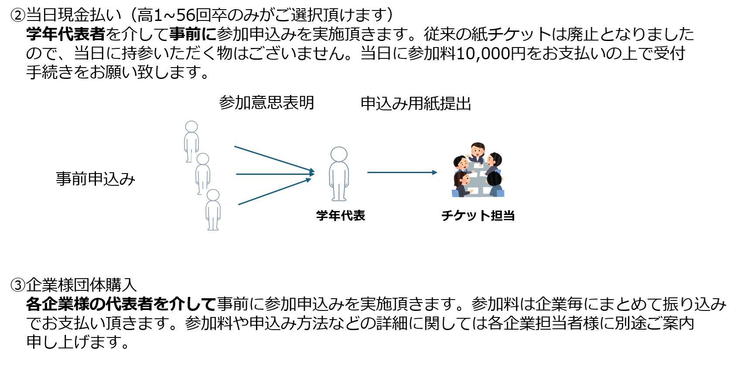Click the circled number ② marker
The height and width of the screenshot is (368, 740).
pos(17,15)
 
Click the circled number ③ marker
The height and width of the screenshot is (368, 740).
pos(17,286)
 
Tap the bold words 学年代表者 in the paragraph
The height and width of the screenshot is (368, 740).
pos(66,34)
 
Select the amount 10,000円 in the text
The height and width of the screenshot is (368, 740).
pos(491,53)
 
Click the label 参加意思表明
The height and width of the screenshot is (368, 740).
pos(266,103)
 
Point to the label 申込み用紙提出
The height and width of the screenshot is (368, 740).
pos(416,103)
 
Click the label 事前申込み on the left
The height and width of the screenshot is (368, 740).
pos(95,179)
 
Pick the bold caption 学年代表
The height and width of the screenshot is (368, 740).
pos(341,215)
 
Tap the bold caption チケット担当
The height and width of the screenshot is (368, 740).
pos(478,215)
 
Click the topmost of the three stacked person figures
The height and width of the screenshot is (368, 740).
pos(191,141)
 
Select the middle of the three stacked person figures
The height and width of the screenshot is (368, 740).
pos(202,174)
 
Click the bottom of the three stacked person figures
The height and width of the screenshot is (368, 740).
pos(213,210)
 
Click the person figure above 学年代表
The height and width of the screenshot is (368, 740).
pos(339,174)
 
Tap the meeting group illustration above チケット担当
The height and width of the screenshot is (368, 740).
pos(478,170)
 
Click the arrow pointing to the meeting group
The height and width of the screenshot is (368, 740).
pos(402,172)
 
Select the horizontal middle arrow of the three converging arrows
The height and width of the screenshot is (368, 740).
pos(275,174)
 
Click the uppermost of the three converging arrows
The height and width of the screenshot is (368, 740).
pos(274,159)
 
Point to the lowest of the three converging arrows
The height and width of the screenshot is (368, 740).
pos(275,191)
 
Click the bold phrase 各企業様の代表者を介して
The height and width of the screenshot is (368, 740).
pos(121,304)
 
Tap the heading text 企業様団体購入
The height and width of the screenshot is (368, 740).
pos(81,286)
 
